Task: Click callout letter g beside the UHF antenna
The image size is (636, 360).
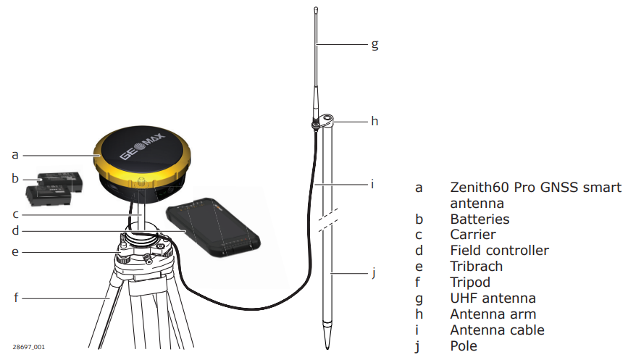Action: pos(375,44)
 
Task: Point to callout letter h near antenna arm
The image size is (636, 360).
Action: pos(375,121)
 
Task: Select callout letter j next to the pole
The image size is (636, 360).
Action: pos(374,273)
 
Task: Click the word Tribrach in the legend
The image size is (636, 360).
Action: pos(476,267)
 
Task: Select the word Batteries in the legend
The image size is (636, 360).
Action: pos(480,219)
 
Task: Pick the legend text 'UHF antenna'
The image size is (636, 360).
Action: pos(493,298)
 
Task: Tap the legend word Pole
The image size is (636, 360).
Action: pos(464,346)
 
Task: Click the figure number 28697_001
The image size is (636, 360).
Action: pos(28,347)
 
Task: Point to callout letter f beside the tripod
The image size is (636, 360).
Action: pos(14,296)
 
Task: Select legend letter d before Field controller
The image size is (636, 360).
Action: pos(419,251)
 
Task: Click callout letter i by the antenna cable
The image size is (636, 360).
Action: pos(372,184)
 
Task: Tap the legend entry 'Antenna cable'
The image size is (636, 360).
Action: pos(497,330)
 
